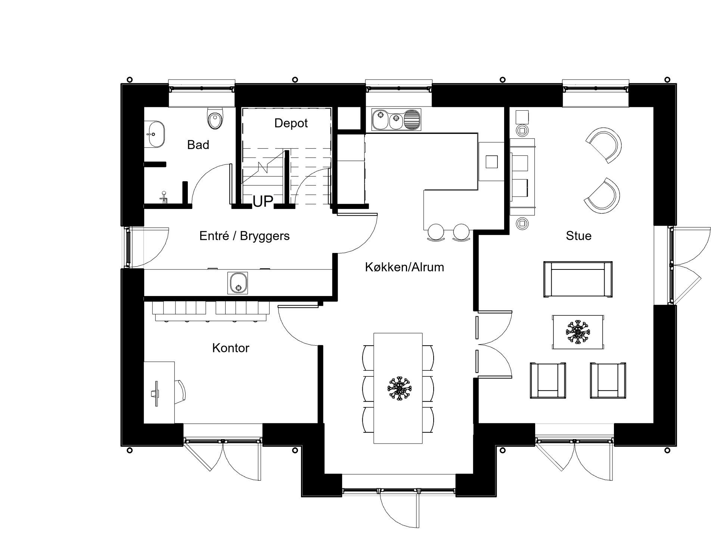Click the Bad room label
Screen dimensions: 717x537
coord(198,145)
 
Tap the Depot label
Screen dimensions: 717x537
coord(291,123)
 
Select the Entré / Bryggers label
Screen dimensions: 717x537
coord(245,236)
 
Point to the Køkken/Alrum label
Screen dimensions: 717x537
coord(404,267)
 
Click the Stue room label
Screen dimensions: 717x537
coord(578,236)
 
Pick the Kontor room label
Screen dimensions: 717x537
coord(230,348)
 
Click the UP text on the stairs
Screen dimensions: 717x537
coord(263,201)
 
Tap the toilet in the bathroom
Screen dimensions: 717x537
coord(215,118)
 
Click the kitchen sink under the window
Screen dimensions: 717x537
coord(396,120)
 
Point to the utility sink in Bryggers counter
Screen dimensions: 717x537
coord(238,283)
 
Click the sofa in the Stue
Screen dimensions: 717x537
coord(577,279)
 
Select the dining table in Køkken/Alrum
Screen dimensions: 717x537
coord(398,388)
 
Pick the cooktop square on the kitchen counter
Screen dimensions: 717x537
coord(491,162)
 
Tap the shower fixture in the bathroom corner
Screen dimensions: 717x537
coord(164,197)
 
